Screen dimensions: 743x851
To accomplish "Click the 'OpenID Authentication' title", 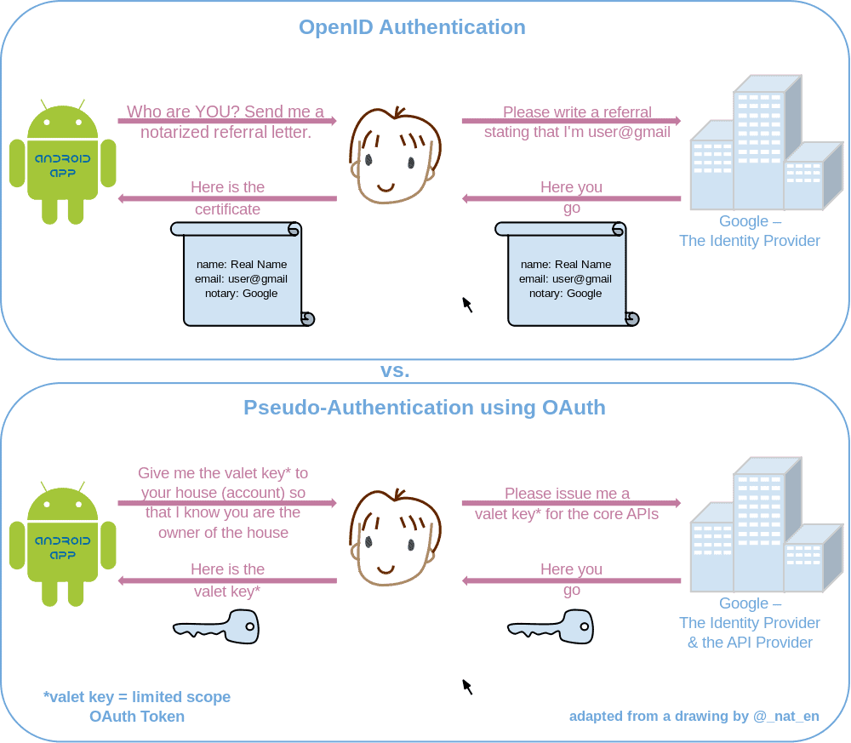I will (412, 27).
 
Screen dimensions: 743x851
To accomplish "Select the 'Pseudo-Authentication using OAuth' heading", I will (425, 408).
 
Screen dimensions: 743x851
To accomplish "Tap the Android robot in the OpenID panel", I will (63, 163).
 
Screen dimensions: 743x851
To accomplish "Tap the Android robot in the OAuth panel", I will (63, 545).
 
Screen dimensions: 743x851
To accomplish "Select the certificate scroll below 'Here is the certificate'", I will (242, 275).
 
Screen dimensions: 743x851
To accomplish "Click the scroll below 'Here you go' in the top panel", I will (566, 275).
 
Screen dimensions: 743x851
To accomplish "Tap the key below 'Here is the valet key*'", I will (217, 628).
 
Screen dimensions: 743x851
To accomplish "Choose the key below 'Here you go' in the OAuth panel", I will (551, 628).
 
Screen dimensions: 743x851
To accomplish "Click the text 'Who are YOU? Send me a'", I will (226, 111).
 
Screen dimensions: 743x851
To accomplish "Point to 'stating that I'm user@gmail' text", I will (577, 132).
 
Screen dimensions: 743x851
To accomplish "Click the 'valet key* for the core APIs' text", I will (567, 514).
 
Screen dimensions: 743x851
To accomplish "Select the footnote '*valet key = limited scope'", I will (137, 697).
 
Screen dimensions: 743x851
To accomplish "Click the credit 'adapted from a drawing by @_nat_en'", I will (694, 716).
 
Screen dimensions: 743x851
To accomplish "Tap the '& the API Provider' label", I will (750, 643).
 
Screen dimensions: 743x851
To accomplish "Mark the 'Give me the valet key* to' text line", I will (223, 473).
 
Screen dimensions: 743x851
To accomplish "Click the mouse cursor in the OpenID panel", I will (466, 304).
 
